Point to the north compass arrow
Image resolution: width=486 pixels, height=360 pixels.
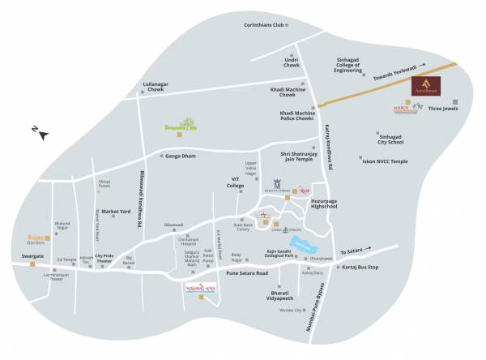[x=39, y=131]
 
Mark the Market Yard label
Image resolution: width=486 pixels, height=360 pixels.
[x=116, y=212]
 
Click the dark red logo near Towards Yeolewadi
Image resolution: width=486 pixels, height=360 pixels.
[x=427, y=86]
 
